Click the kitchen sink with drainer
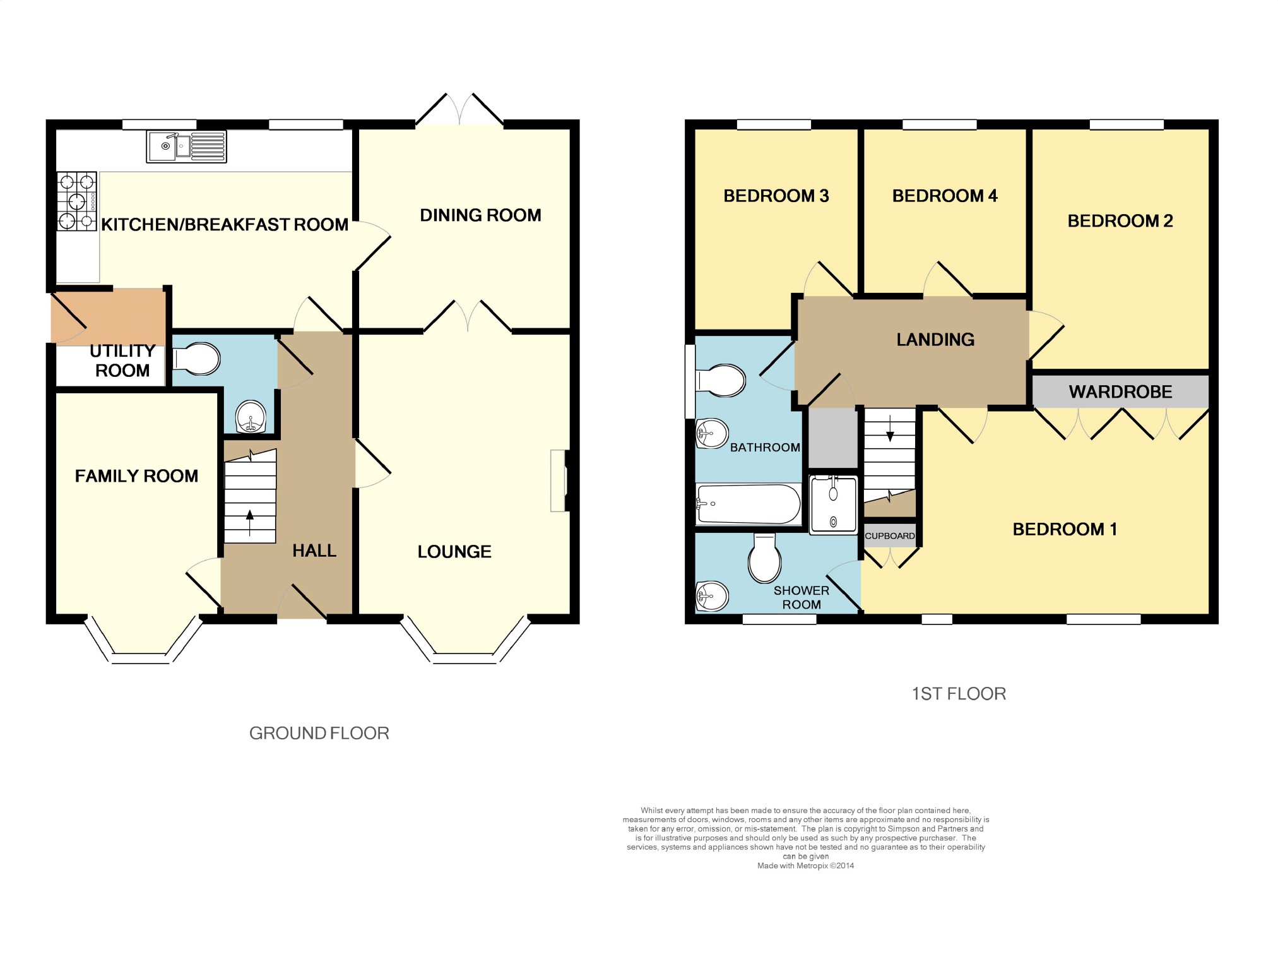[186, 146]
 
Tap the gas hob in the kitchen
[77, 201]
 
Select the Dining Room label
[480, 215]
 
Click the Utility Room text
[122, 360]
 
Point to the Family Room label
[136, 476]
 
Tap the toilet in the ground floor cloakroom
[196, 359]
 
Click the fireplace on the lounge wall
[559, 480]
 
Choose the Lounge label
[454, 552]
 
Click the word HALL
[314, 551]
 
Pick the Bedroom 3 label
[776, 196]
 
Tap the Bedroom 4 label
[945, 196]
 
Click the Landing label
[935, 340]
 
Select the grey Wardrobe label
[1120, 392]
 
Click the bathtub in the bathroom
[748, 504]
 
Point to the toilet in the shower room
[764, 558]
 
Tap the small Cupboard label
[890, 536]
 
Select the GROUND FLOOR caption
[319, 733]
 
